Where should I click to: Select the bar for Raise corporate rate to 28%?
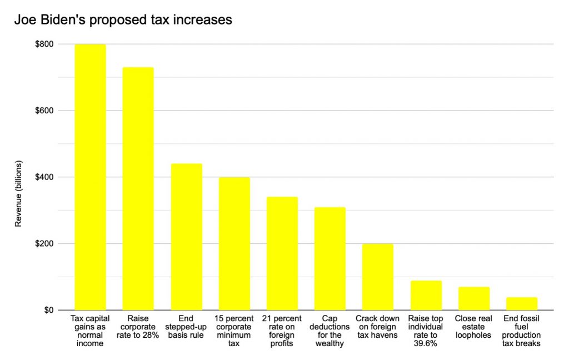coord(138,188)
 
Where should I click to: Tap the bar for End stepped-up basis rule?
coord(186,237)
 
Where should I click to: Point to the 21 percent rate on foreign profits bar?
coord(282,253)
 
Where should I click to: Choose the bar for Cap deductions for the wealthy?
coord(330,258)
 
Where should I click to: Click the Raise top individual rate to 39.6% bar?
coord(426,295)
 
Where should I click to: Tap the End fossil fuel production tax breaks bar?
coord(521,303)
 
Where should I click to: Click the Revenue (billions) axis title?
coord(18,177)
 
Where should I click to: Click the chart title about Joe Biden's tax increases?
coord(123,20)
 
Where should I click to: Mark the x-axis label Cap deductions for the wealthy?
coord(330,331)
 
